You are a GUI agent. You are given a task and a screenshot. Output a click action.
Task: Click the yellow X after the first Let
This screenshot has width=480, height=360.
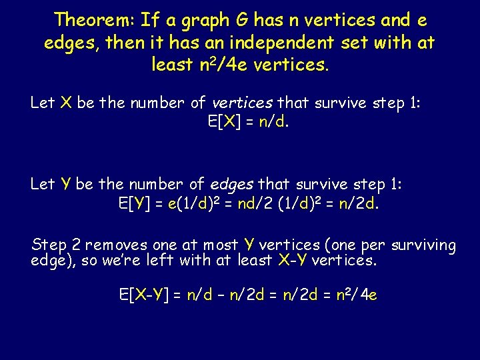[66, 103]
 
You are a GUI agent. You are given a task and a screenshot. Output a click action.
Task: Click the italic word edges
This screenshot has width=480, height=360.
[233, 184]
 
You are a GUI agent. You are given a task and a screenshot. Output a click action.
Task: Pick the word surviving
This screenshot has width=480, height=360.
[423, 246]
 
